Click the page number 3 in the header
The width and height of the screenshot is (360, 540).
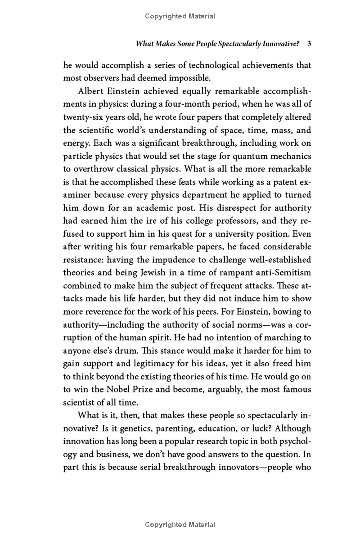(x=309, y=44)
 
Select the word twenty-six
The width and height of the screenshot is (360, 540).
(x=85, y=117)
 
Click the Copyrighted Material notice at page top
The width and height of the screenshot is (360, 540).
(x=180, y=16)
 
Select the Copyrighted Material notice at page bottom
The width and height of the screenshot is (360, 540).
(x=180, y=525)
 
